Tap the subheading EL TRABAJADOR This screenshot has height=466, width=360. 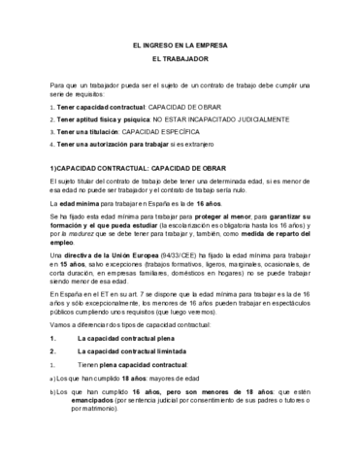[x=180, y=63]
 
